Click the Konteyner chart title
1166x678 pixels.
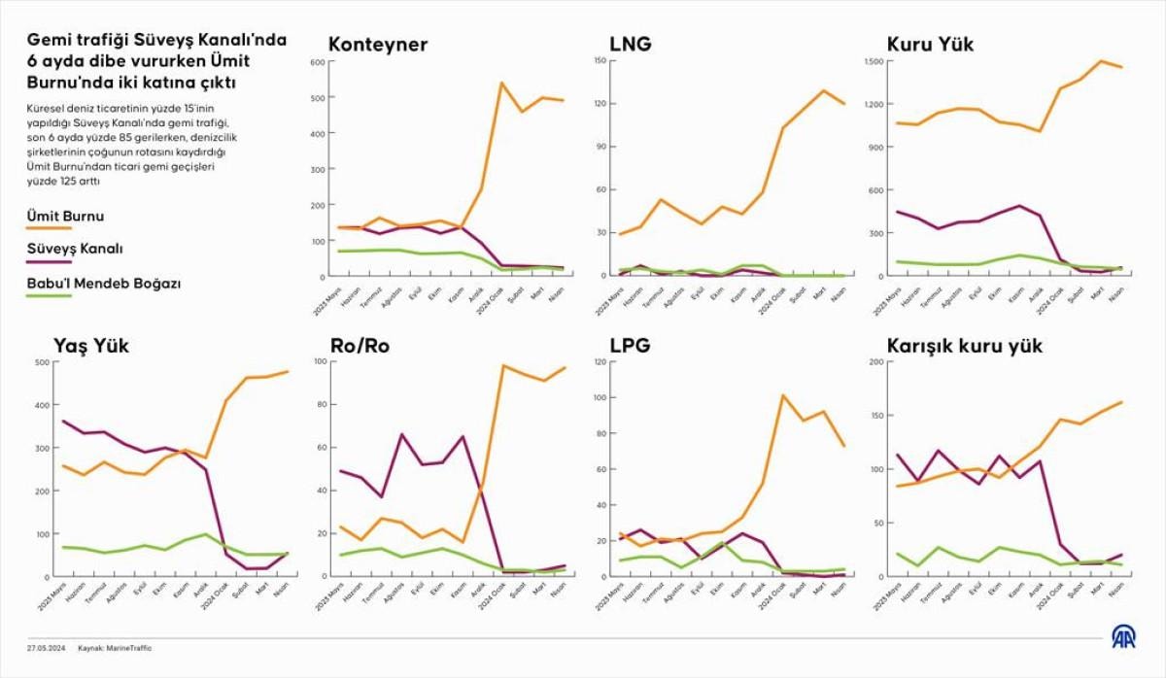coord(378,45)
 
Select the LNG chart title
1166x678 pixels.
coord(631,45)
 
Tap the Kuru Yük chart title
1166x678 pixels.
coord(930,45)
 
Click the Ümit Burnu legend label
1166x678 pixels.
coord(66,216)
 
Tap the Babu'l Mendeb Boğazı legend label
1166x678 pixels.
coord(105,284)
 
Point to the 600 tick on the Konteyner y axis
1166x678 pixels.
coord(317,62)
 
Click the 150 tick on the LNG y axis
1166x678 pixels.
coord(599,61)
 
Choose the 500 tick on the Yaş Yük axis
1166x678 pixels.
coord(43,362)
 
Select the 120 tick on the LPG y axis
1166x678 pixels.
coord(599,362)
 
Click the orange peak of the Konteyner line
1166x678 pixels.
coord(501,84)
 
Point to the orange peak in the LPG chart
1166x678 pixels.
coord(783,395)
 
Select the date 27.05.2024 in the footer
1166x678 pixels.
coord(46,648)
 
